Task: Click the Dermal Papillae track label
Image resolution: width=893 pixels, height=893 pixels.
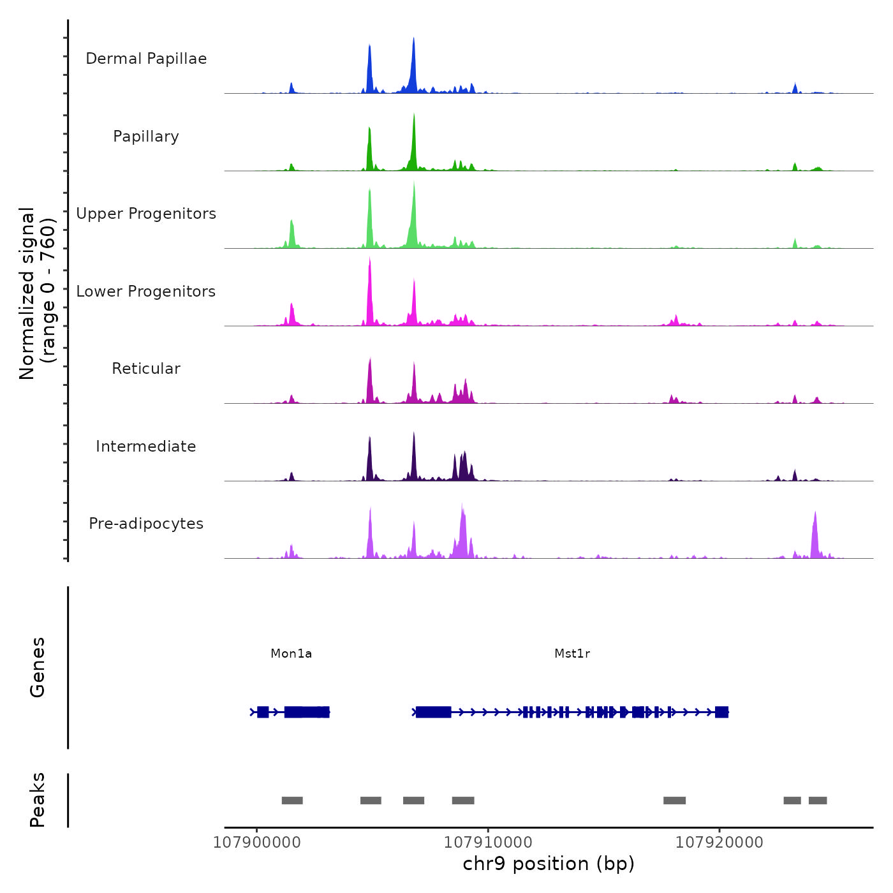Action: click(146, 59)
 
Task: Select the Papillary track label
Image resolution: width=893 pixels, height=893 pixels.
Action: click(146, 137)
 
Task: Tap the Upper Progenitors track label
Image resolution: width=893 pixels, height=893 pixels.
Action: click(146, 214)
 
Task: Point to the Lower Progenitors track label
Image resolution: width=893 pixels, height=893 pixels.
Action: click(146, 292)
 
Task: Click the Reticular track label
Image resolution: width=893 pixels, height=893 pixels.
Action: click(146, 369)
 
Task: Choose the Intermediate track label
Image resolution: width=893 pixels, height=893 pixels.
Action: click(146, 447)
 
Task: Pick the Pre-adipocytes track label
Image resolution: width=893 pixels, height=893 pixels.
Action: click(146, 524)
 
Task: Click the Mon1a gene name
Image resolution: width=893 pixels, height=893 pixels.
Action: click(292, 653)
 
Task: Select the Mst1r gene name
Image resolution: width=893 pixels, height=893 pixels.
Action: click(572, 653)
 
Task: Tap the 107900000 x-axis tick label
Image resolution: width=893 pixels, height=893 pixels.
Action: click(257, 842)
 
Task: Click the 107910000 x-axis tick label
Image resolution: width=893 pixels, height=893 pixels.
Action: click(488, 842)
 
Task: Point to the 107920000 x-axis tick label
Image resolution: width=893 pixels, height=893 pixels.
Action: click(720, 842)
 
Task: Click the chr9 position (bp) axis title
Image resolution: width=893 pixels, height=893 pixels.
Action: click(549, 864)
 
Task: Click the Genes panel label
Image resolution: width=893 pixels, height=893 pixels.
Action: click(38, 667)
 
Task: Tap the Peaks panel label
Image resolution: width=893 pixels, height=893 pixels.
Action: click(38, 800)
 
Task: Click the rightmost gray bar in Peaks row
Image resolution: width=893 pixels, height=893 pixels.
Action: click(818, 801)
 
